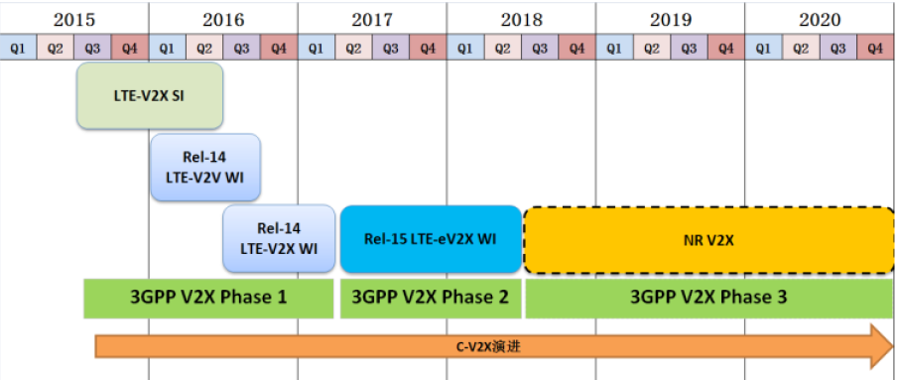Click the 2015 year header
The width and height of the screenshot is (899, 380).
pyautogui.click(x=74, y=19)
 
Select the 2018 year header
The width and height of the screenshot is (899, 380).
pyautogui.click(x=521, y=19)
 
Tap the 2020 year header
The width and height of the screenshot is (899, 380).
pyautogui.click(x=820, y=19)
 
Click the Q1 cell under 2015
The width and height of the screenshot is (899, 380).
pyautogui.click(x=19, y=47)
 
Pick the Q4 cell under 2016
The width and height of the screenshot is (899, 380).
pyautogui.click(x=279, y=47)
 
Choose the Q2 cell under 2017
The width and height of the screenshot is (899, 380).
pyautogui.click(x=353, y=47)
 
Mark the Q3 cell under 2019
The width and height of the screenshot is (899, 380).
pyautogui.click(x=689, y=47)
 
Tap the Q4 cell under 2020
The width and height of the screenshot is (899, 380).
pyautogui.click(x=874, y=47)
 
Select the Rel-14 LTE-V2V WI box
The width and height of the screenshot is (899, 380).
pyautogui.click(x=205, y=167)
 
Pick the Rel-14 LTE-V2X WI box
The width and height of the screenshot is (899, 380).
pyautogui.click(x=279, y=238)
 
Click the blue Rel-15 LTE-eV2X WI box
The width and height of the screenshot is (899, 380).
pyautogui.click(x=431, y=238)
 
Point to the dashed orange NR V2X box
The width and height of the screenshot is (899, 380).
pyautogui.click(x=708, y=239)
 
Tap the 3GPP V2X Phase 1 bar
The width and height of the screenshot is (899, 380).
pyautogui.click(x=208, y=298)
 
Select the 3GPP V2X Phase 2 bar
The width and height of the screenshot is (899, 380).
pyautogui.click(x=431, y=298)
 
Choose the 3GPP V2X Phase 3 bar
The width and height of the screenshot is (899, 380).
pyautogui.click(x=708, y=298)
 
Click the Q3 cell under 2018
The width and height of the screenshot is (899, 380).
pyautogui.click(x=540, y=47)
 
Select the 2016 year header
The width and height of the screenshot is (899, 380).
pyautogui.click(x=223, y=19)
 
